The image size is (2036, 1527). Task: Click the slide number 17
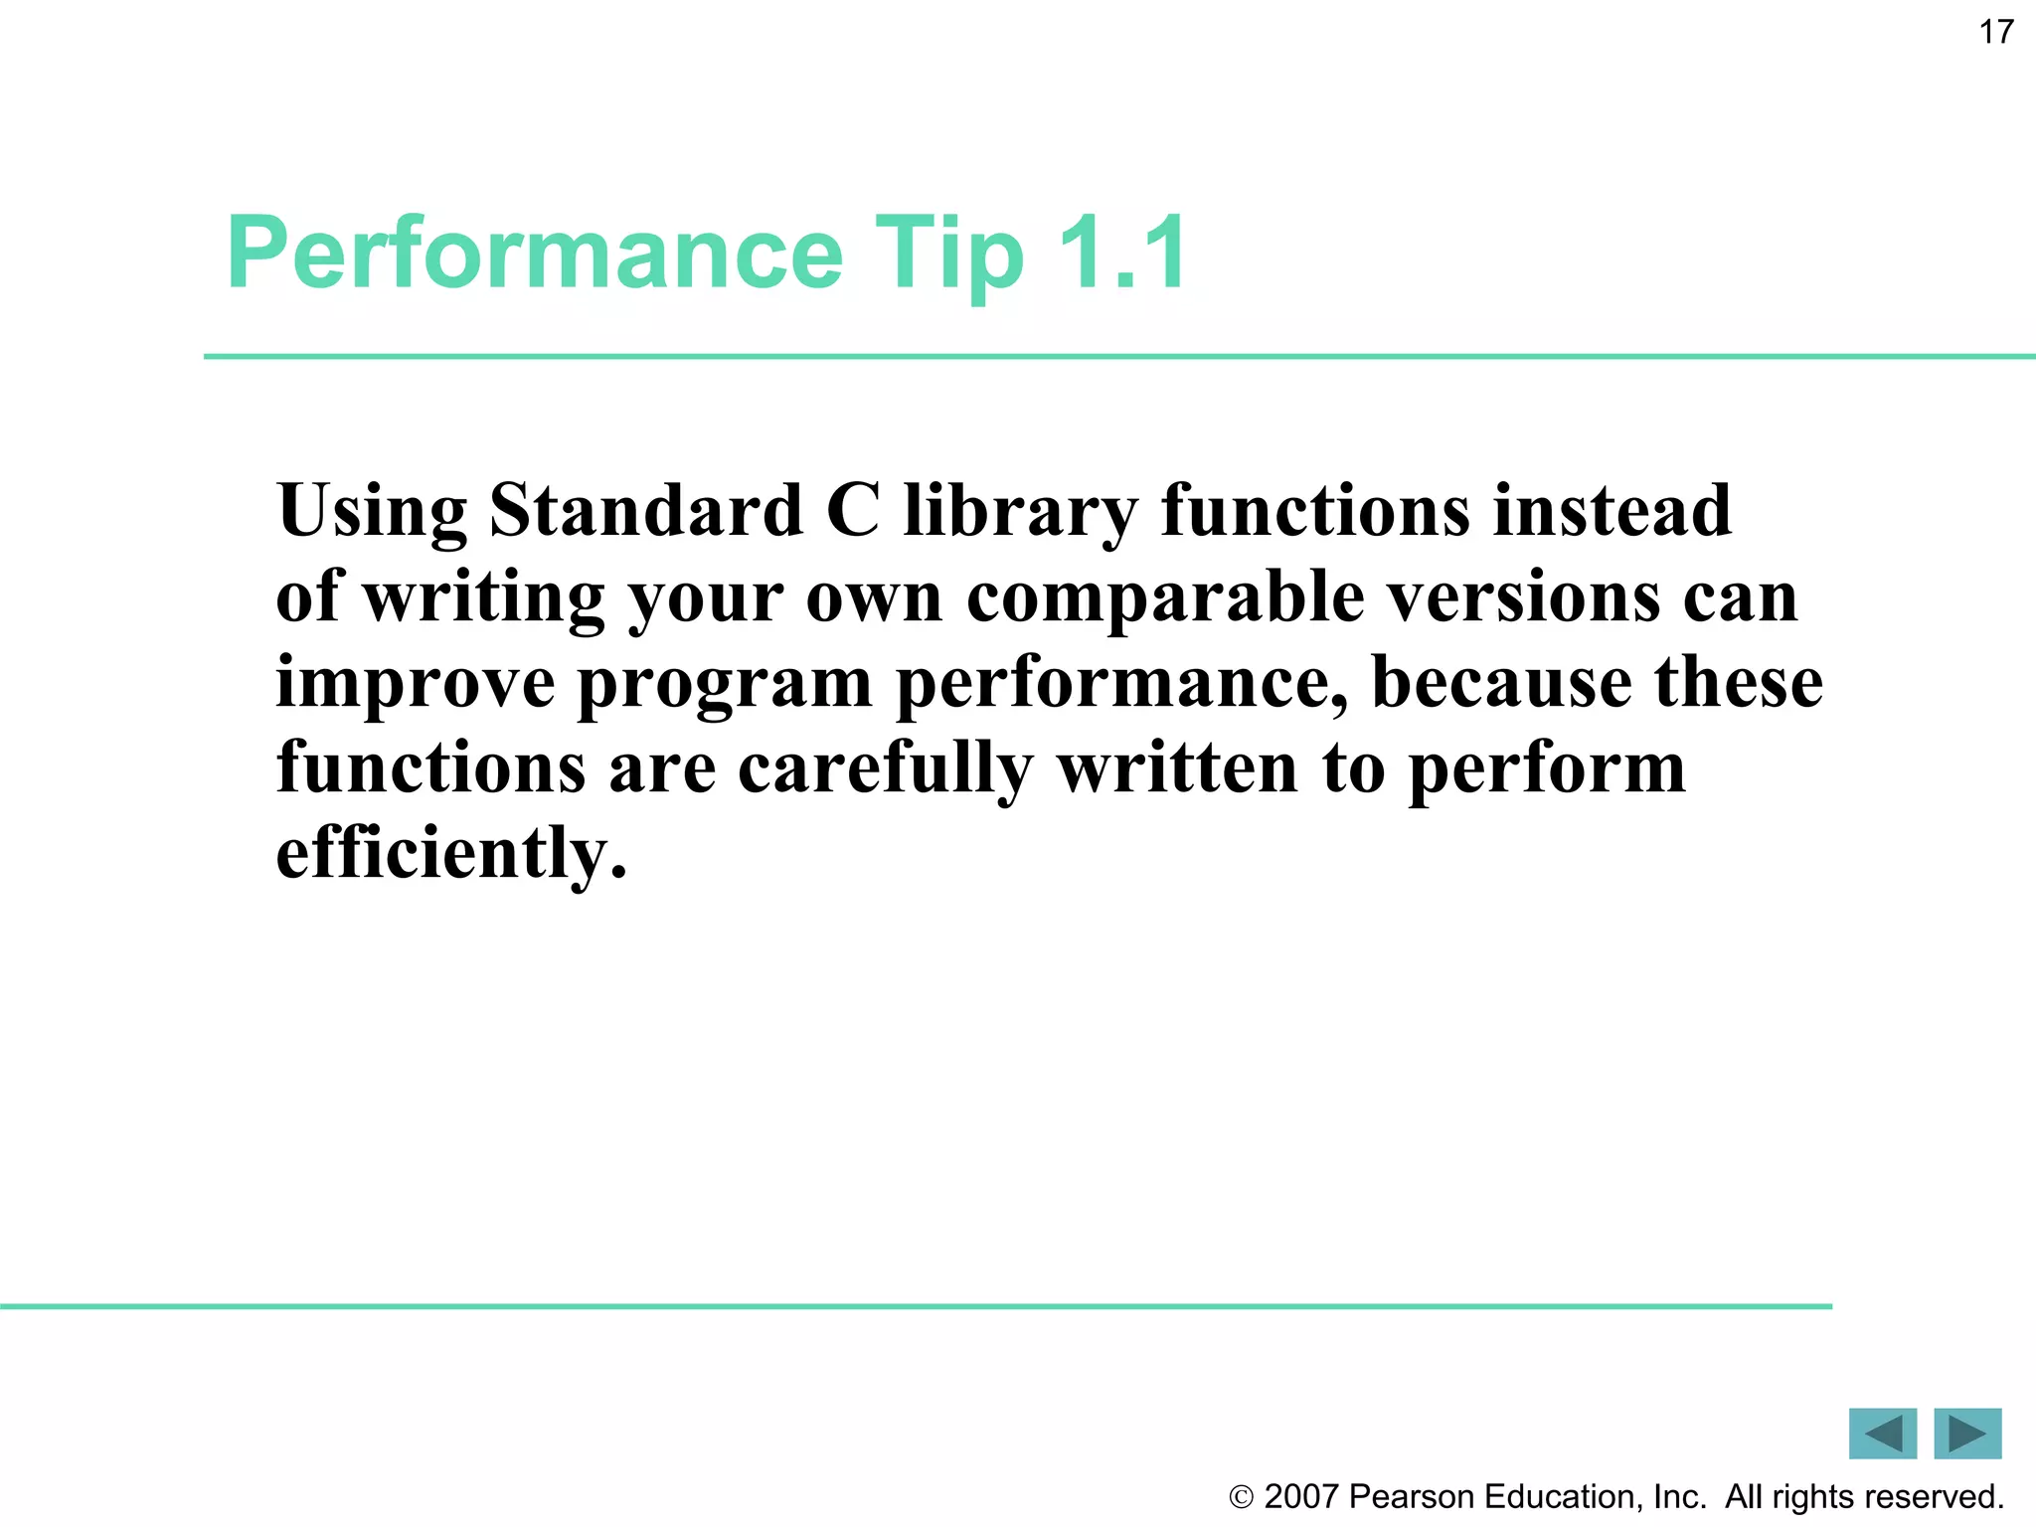coord(1995,33)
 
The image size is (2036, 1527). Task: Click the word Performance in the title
coord(535,254)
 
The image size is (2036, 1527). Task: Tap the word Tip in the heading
coord(948,254)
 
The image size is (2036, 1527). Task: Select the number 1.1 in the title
coord(1122,254)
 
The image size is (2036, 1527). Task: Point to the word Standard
coord(646,510)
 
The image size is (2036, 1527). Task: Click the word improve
coord(416,685)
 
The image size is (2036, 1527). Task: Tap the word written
coord(1177,768)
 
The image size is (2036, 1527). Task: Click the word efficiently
coord(451,854)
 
